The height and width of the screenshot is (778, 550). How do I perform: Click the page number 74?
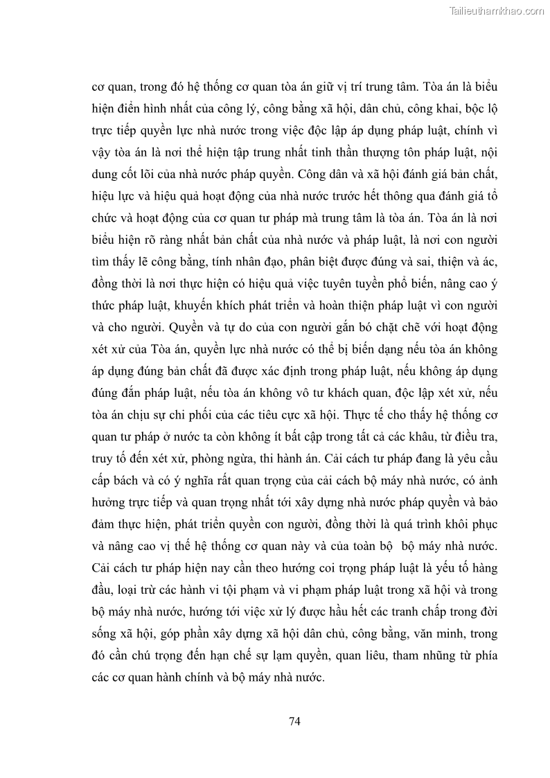294,720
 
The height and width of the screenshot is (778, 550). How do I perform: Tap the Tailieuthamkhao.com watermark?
497,10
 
